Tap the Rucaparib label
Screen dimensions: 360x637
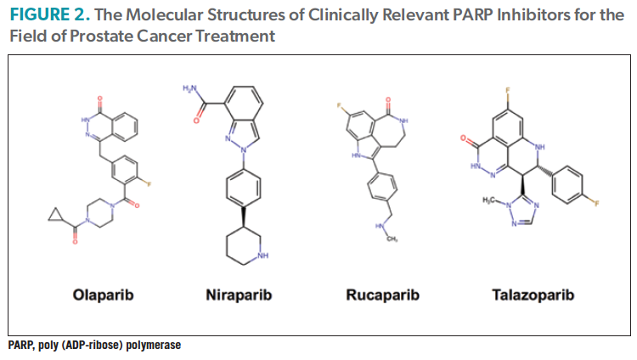(x=381, y=295)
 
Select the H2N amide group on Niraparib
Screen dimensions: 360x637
(x=190, y=88)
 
